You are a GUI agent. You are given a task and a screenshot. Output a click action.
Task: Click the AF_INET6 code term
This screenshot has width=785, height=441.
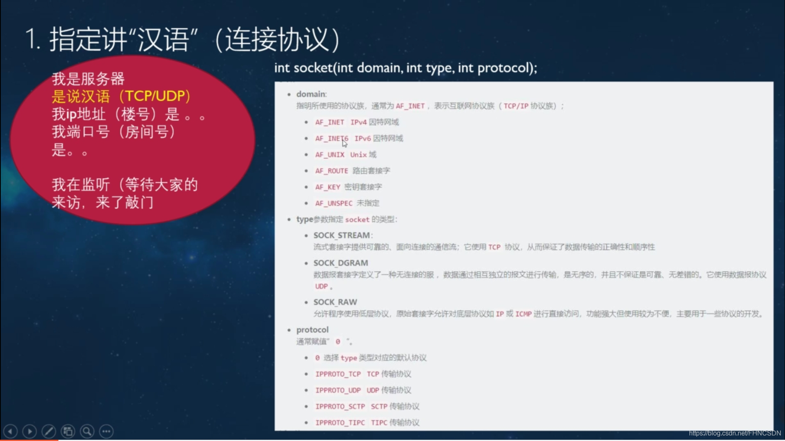click(331, 138)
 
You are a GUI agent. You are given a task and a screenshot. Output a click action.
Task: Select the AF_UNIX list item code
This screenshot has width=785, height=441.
click(329, 155)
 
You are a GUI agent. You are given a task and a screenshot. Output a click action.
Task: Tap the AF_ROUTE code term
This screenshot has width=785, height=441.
click(331, 171)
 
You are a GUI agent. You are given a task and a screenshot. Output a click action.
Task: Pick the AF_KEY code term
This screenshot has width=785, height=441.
click(327, 187)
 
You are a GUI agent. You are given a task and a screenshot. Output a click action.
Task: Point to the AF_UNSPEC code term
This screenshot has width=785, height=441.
click(334, 203)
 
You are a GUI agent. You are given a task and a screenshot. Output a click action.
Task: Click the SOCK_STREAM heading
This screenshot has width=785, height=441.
click(342, 235)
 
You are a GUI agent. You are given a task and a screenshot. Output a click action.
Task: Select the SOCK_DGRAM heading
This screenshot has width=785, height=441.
click(340, 263)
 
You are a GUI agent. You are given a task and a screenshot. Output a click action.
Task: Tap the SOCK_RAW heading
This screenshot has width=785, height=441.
click(335, 302)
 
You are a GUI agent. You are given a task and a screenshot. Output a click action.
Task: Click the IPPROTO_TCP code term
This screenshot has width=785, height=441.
click(338, 374)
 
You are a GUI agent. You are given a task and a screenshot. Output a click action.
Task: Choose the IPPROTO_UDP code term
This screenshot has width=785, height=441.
click(338, 390)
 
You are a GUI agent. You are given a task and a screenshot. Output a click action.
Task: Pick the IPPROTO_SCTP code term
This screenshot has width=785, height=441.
click(340, 406)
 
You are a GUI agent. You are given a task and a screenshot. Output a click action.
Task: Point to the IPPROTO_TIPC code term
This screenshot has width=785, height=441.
click(340, 423)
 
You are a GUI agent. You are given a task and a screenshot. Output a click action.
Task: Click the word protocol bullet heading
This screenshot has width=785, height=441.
click(312, 330)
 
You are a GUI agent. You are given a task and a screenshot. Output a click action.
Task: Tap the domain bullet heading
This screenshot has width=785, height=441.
click(311, 94)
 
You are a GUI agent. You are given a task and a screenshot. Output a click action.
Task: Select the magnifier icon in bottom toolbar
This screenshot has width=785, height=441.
click(87, 431)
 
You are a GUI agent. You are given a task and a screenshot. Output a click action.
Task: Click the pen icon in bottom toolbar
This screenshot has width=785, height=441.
click(49, 431)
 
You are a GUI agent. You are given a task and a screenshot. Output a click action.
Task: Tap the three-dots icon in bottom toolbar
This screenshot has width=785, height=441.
click(106, 431)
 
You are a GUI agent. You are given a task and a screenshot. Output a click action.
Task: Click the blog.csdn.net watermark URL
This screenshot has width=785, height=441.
click(734, 433)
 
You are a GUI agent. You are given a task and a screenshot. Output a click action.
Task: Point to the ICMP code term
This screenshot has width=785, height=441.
click(523, 314)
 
